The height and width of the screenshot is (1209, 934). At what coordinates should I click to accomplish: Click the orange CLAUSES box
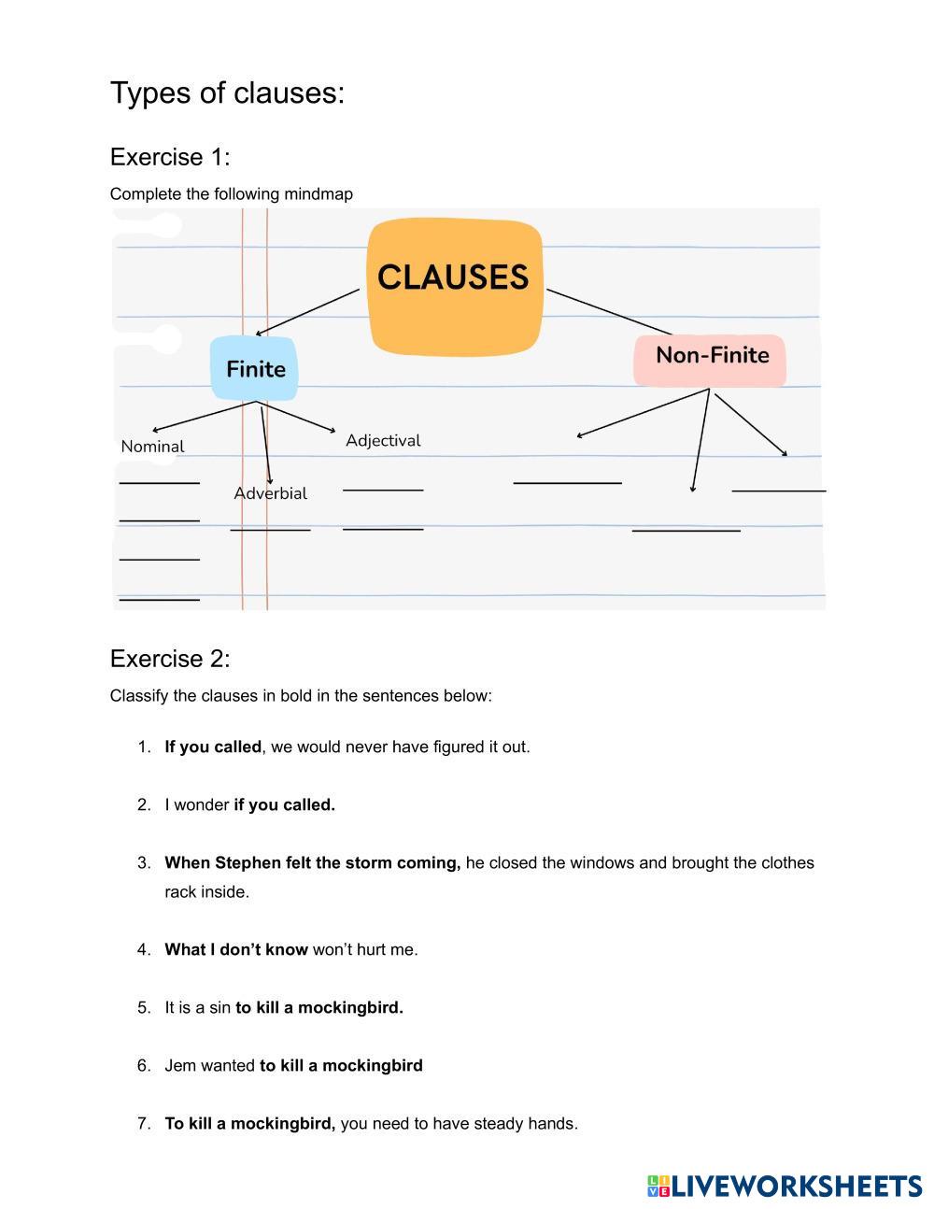(454, 286)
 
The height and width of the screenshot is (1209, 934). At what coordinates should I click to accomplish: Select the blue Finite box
(255, 369)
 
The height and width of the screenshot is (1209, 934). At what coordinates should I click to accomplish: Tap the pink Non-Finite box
(711, 358)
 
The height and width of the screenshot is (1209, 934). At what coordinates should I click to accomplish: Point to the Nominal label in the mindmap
(152, 447)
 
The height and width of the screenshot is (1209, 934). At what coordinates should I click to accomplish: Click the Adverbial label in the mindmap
(270, 493)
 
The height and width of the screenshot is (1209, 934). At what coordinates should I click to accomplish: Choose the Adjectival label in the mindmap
(383, 440)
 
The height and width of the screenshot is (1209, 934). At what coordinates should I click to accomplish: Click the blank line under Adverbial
(270, 530)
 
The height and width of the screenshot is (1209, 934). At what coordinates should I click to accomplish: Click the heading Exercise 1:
(170, 157)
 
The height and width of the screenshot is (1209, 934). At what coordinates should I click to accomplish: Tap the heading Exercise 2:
(170, 659)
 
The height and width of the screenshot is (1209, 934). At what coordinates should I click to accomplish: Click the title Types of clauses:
(227, 93)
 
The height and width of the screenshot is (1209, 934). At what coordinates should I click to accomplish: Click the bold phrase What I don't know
(236, 949)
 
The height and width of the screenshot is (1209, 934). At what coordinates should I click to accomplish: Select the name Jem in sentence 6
(179, 1065)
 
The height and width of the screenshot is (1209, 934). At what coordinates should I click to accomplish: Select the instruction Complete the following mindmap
(232, 194)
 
